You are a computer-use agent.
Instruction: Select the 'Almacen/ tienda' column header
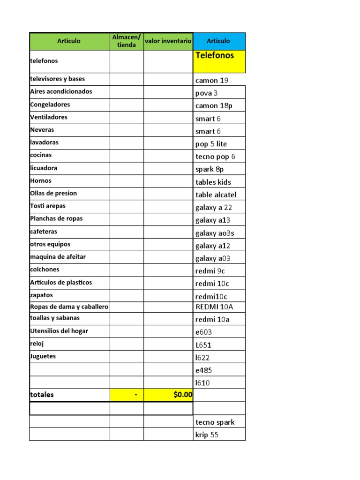coord(127,41)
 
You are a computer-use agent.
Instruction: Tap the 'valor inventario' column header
coord(168,41)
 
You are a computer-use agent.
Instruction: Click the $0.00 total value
coord(182,395)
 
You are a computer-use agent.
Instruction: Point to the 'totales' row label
coord(42,395)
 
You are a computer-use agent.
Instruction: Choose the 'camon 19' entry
coord(212,80)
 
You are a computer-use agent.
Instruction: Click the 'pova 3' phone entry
coord(207,93)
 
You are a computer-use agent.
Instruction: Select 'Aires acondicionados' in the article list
coord(61,91)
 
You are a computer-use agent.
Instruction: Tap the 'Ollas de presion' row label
coord(53,193)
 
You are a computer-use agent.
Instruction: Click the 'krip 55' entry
coord(207,435)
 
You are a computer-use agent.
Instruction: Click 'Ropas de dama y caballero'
coord(69,307)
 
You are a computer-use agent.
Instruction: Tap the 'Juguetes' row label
coord(43,356)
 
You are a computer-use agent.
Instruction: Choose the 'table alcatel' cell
coord(216,195)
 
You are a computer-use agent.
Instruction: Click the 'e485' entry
coord(204,370)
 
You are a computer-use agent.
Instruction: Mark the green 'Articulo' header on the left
coord(69,41)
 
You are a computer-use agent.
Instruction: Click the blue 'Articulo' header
coord(218,41)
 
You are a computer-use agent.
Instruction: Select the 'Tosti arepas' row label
coord(48,206)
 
